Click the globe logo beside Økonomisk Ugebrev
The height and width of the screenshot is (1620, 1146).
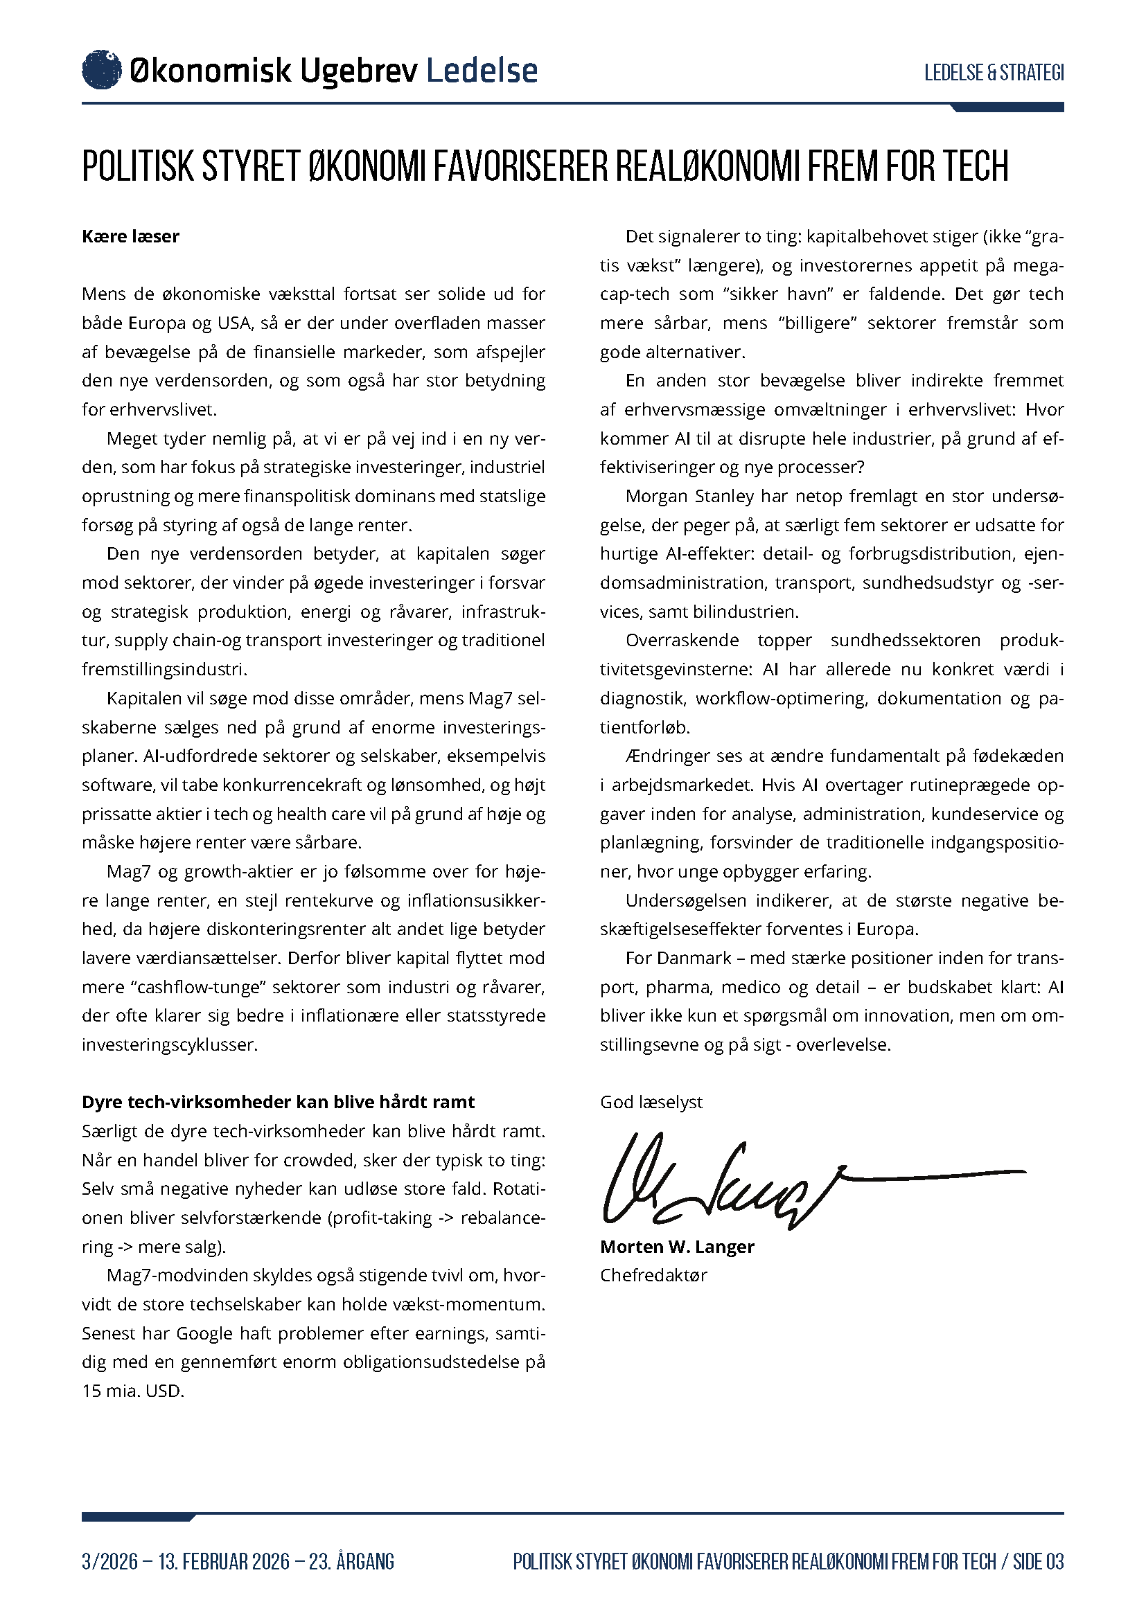102,71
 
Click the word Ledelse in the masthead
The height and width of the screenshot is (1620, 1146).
482,71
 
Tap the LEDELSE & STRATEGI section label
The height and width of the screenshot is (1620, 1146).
994,73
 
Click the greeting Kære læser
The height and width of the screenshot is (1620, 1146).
130,236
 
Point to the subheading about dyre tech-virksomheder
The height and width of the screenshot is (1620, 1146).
278,1102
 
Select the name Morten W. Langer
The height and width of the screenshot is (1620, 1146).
677,1247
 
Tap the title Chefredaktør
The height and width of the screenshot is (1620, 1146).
653,1276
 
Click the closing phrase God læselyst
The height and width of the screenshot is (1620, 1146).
651,1102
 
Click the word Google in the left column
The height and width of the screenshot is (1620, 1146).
204,1333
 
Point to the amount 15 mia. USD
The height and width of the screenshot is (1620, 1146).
132,1391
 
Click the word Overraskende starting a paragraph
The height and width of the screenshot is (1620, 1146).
682,641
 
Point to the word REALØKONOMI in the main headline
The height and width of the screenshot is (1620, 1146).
708,166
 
